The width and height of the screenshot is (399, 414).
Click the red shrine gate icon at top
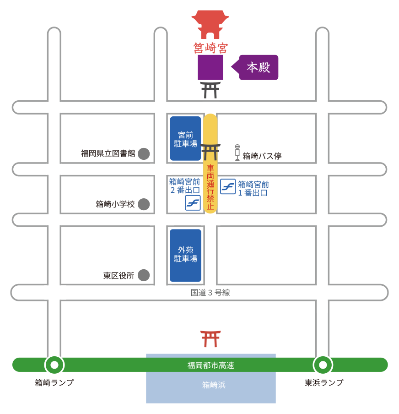(210, 25)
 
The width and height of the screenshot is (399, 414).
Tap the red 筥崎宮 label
(210, 47)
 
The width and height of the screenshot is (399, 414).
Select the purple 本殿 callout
(258, 67)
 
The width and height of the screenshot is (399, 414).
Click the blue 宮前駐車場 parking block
(185, 138)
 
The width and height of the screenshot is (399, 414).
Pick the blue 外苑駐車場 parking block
(185, 255)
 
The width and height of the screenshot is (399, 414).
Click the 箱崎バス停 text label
(262, 156)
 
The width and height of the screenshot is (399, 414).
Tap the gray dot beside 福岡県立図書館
(144, 153)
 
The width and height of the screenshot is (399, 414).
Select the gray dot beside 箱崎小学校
(144, 204)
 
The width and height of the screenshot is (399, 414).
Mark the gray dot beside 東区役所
(144, 275)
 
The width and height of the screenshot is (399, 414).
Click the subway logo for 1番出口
(228, 186)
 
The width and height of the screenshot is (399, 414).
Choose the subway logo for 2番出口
(193, 203)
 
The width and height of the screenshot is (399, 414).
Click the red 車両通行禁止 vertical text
(210, 188)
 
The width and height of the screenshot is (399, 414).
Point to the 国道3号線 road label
(210, 293)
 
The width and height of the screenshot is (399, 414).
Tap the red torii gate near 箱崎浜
(210, 338)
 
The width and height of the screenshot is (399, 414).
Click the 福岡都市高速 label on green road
(210, 365)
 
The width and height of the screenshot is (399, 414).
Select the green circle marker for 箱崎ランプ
(54, 365)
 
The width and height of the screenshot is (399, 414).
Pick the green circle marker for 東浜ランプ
(323, 365)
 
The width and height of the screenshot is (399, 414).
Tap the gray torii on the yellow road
(210, 152)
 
